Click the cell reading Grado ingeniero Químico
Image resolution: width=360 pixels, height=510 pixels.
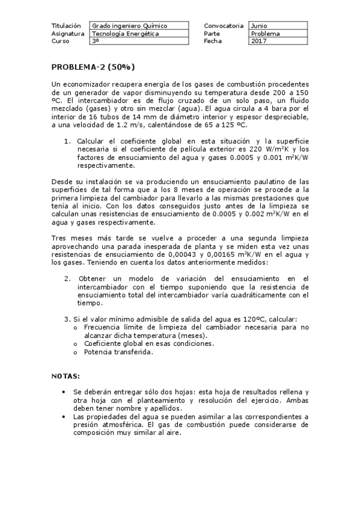[x=129, y=26]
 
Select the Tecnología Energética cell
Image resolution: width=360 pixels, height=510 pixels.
[x=126, y=34]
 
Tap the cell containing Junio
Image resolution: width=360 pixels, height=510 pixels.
[x=260, y=26]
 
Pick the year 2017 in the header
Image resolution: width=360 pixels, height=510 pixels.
[x=259, y=41]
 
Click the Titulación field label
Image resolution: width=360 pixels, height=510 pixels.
[x=66, y=26]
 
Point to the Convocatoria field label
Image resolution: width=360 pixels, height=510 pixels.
[x=224, y=26]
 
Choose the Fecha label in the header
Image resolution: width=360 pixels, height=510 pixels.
[x=213, y=41]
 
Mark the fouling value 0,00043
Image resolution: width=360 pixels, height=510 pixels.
[x=157, y=254]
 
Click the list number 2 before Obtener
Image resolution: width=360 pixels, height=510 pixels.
[x=67, y=278]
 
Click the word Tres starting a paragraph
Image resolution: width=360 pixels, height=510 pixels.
[x=59, y=238]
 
